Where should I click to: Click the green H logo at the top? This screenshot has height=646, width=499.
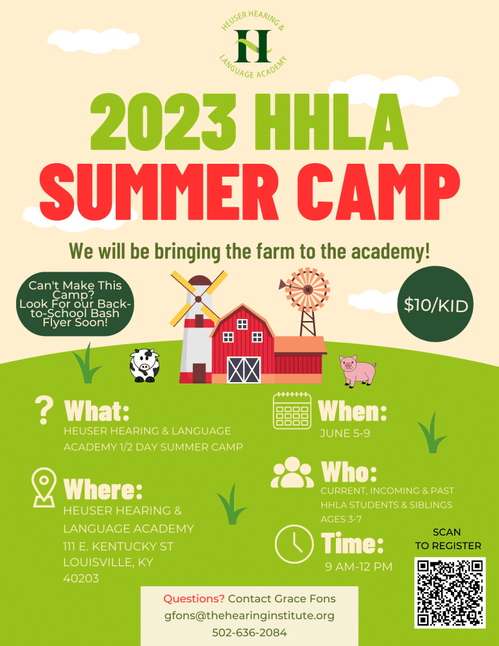tap(252, 44)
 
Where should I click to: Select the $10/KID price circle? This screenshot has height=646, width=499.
tap(436, 305)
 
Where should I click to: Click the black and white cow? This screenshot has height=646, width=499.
tap(144, 366)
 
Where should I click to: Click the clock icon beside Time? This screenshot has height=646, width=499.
tap(294, 543)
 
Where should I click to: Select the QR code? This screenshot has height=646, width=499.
tap(450, 592)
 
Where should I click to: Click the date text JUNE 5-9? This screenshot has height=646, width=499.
tap(345, 433)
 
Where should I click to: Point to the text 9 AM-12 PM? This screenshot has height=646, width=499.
tap(359, 567)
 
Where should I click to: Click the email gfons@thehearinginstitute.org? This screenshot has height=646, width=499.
tap(249, 615)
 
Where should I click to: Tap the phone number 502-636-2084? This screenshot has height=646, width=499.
tap(249, 632)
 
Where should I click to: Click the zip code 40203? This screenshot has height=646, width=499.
tap(81, 578)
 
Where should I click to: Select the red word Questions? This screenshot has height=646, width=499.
tap(194, 598)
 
